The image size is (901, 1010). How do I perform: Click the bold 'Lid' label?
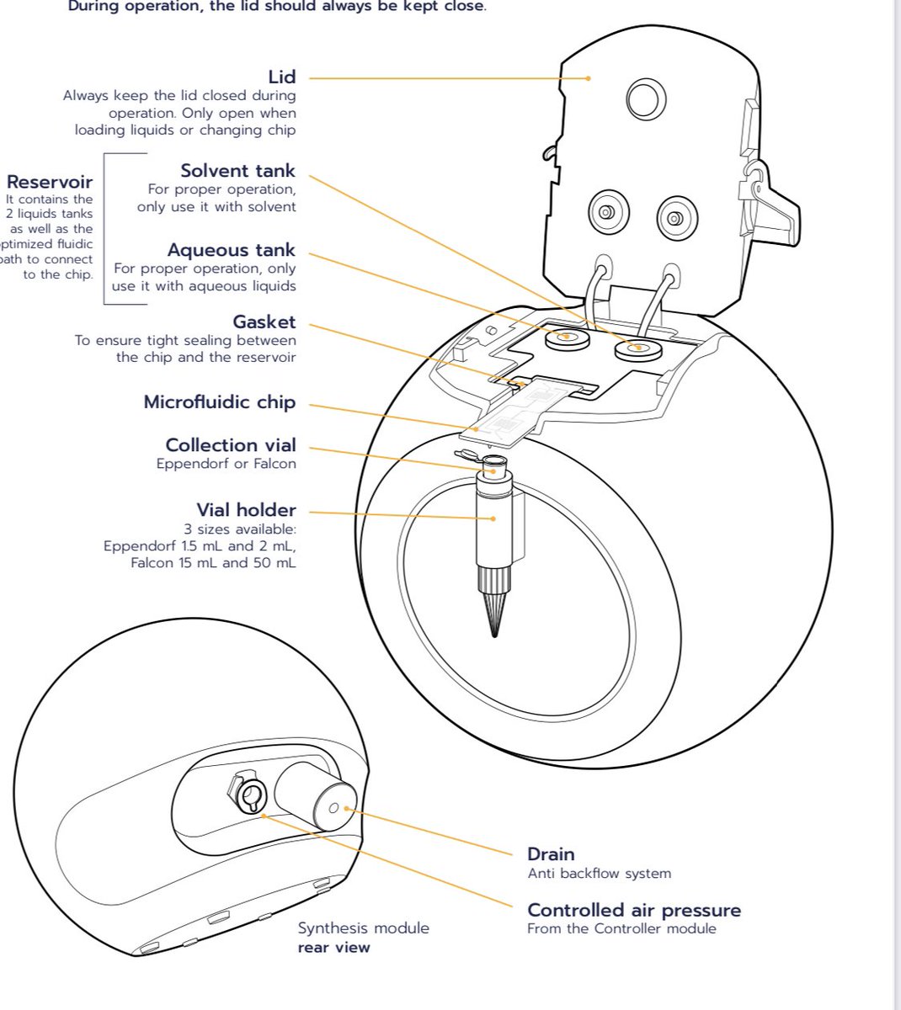[x=281, y=77]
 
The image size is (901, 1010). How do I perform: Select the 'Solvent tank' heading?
[x=237, y=171]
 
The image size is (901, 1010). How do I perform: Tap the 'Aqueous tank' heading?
[x=231, y=250]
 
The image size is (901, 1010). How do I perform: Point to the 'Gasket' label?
[x=264, y=322]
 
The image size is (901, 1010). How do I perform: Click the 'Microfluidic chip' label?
[x=219, y=402]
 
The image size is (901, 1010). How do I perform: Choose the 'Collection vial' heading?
[x=230, y=445]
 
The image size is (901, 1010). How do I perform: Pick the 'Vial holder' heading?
[x=246, y=510]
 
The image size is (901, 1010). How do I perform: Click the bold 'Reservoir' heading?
[x=50, y=182]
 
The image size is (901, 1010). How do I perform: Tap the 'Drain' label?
[x=550, y=854]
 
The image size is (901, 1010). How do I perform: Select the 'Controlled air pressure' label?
[x=633, y=910]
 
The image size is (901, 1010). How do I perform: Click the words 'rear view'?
[x=333, y=947]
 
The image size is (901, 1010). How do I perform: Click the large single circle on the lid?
[x=646, y=98]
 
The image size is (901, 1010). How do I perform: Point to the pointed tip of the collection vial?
[x=493, y=627]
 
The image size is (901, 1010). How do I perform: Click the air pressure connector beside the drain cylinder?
[x=249, y=795]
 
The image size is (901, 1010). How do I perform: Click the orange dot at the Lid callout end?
[x=589, y=78]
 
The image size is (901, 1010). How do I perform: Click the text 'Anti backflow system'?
[x=599, y=874]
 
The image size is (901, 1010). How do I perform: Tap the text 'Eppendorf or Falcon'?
[x=226, y=464]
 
